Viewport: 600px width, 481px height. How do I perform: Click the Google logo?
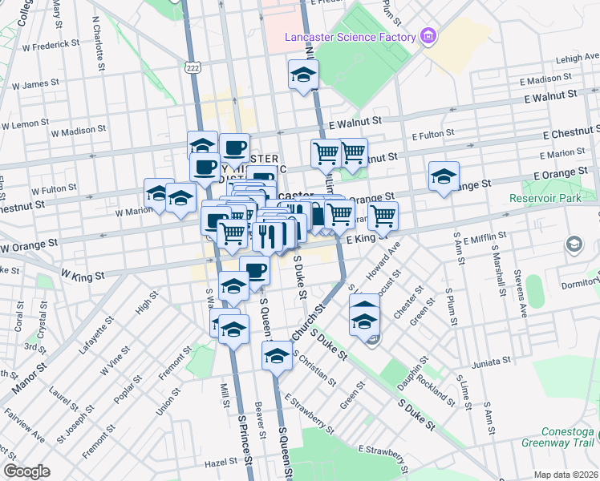[27, 471]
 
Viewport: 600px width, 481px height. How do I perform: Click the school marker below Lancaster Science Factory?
[303, 75]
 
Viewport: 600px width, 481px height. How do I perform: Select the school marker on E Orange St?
[443, 178]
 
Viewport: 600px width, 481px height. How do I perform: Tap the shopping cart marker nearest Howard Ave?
[383, 216]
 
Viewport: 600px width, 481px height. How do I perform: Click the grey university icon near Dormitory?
[575, 245]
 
